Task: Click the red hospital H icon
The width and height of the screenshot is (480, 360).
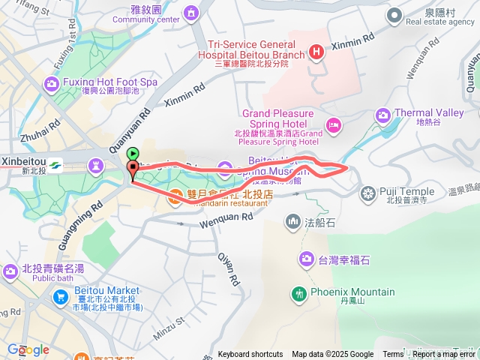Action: pyautogui.click(x=316, y=52)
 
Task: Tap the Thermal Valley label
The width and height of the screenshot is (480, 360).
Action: pyautogui.click(x=429, y=113)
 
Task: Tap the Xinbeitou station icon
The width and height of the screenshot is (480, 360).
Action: pyautogui.click(x=57, y=165)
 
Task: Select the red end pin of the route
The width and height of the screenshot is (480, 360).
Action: pyautogui.click(x=133, y=169)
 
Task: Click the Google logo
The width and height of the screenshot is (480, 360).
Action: pyautogui.click(x=28, y=349)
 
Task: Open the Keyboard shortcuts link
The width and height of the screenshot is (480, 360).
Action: pyautogui.click(x=250, y=355)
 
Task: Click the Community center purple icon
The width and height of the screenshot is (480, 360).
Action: pyautogui.click(x=191, y=13)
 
